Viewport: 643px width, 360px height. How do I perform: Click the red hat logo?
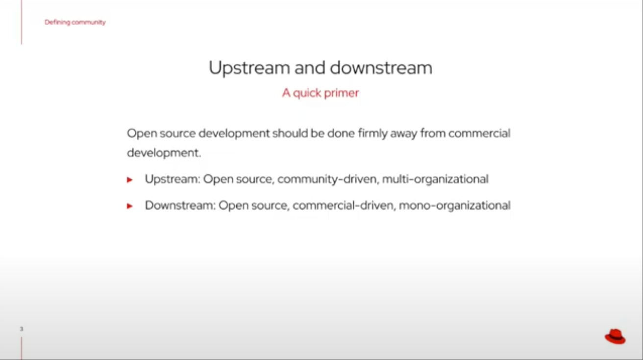pyautogui.click(x=615, y=336)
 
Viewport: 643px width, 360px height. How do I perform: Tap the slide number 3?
pyautogui.click(x=21, y=329)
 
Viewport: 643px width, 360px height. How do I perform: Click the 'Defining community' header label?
pyautogui.click(x=75, y=22)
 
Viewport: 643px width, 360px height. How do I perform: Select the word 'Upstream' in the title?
pyautogui.click(x=249, y=68)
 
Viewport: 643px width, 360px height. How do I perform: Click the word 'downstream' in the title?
pyautogui.click(x=381, y=68)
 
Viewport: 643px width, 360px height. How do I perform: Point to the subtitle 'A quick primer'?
pyautogui.click(x=321, y=93)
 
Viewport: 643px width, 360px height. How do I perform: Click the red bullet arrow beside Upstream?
pyautogui.click(x=130, y=180)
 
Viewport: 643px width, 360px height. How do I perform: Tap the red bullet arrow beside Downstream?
pyautogui.click(x=130, y=206)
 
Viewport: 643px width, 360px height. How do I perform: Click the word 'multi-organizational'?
pyautogui.click(x=435, y=180)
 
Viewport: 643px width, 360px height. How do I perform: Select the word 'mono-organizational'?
pyautogui.click(x=455, y=206)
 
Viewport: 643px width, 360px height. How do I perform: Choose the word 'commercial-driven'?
pyautogui.click(x=343, y=206)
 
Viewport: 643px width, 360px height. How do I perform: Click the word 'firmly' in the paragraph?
pyautogui.click(x=372, y=133)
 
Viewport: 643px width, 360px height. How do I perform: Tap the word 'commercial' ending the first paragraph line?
pyautogui.click(x=479, y=133)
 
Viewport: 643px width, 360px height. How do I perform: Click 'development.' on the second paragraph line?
pyautogui.click(x=164, y=153)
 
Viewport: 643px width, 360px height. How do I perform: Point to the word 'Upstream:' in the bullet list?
pyautogui.click(x=173, y=180)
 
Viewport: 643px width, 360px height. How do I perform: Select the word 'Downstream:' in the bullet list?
pyautogui.click(x=180, y=206)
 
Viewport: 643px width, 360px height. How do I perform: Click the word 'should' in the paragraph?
pyautogui.click(x=290, y=133)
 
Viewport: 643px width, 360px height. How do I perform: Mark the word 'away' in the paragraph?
pyautogui.click(x=404, y=134)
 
